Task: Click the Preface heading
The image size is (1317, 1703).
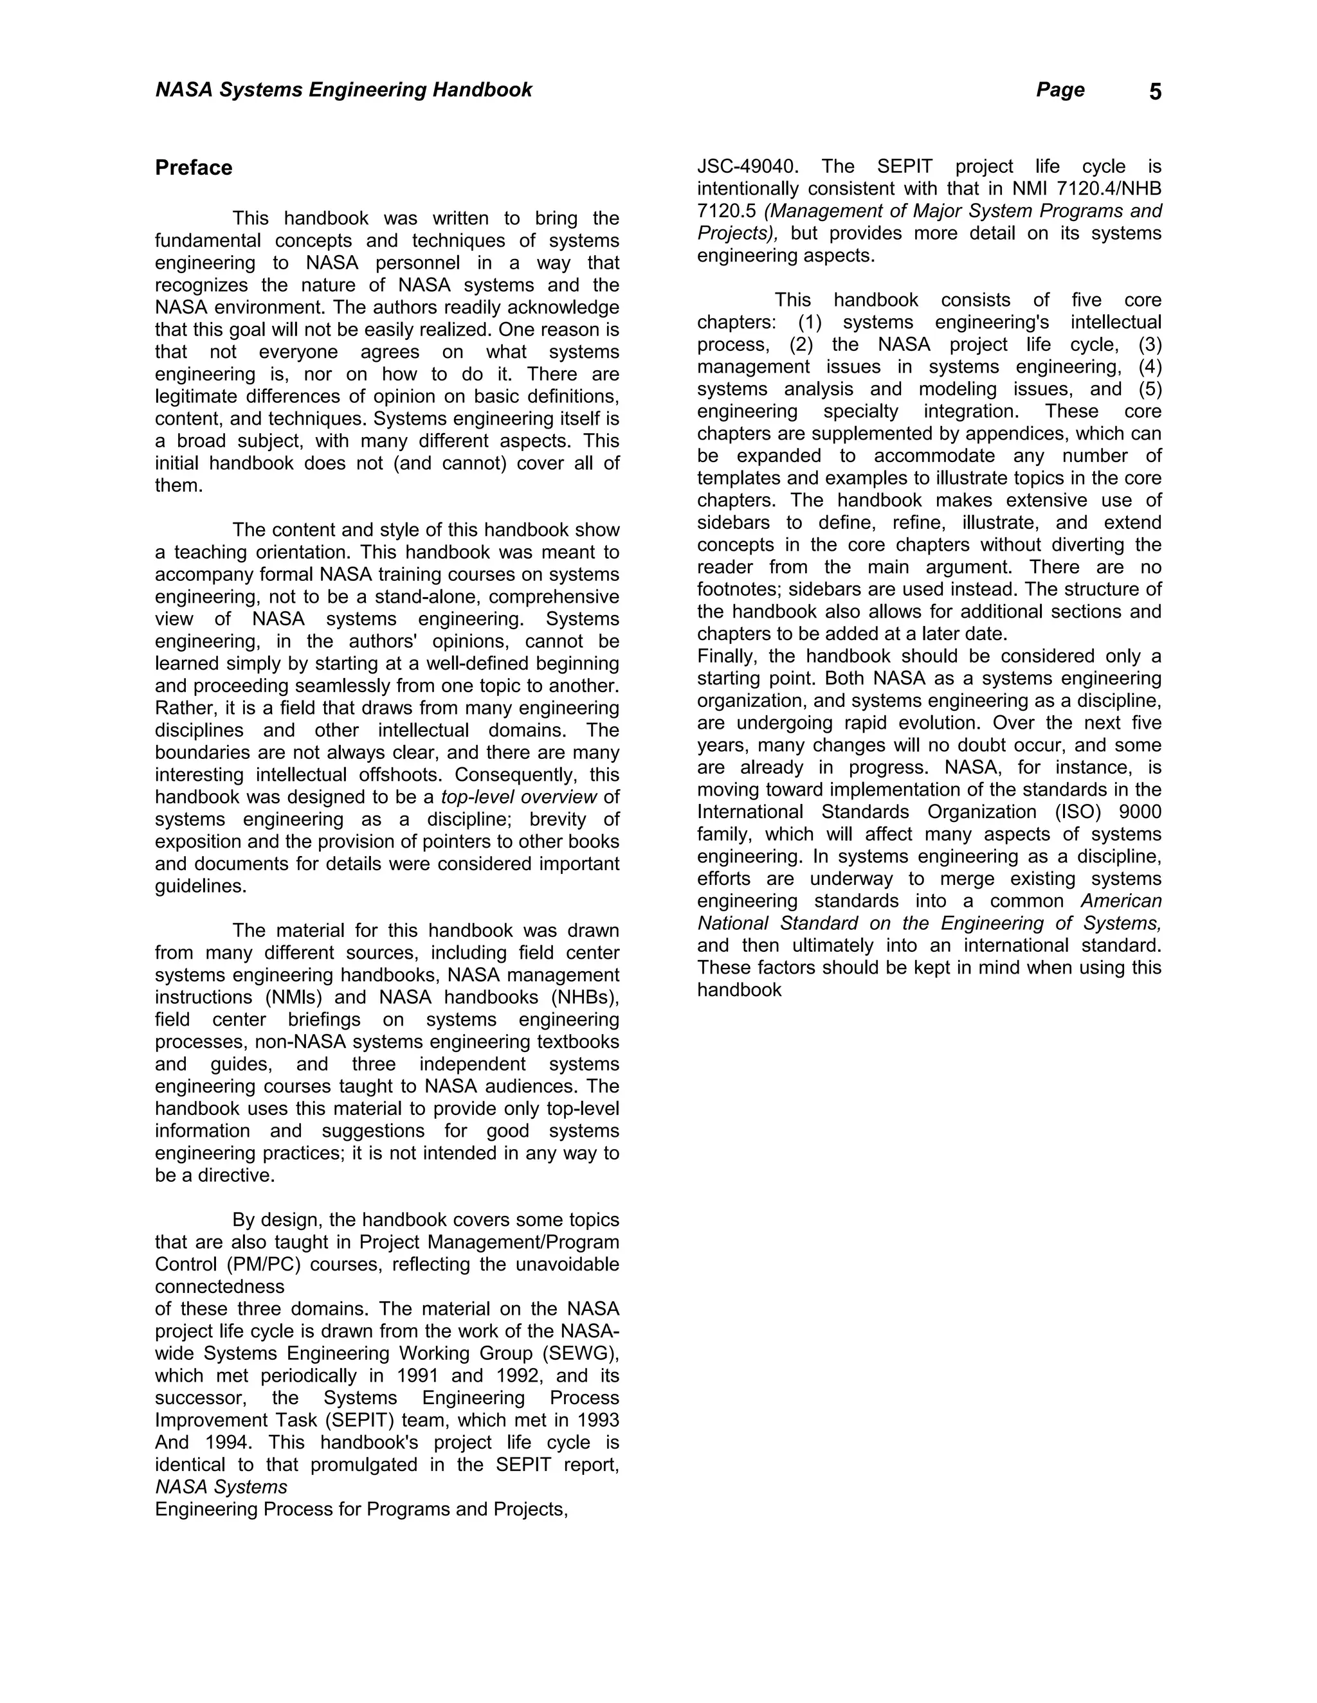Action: click(194, 168)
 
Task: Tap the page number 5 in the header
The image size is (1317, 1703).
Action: click(1155, 92)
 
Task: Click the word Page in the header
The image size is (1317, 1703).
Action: click(1060, 90)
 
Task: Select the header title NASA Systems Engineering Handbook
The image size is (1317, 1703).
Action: click(343, 90)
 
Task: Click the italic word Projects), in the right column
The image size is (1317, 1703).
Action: click(736, 233)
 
